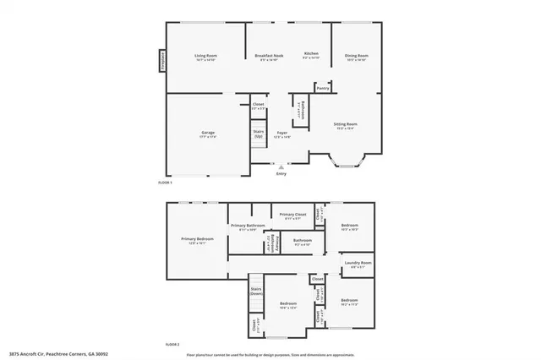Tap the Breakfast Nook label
click(x=269, y=55)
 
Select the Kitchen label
click(x=311, y=52)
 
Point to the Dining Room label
click(x=356, y=56)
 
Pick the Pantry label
click(x=322, y=87)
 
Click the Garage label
click(x=208, y=133)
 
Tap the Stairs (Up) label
click(x=259, y=134)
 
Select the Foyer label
click(x=281, y=133)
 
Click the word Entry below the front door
click(x=281, y=174)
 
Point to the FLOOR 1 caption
click(x=166, y=183)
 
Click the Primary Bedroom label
click(x=197, y=239)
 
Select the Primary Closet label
click(x=292, y=215)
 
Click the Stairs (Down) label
click(x=255, y=291)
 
